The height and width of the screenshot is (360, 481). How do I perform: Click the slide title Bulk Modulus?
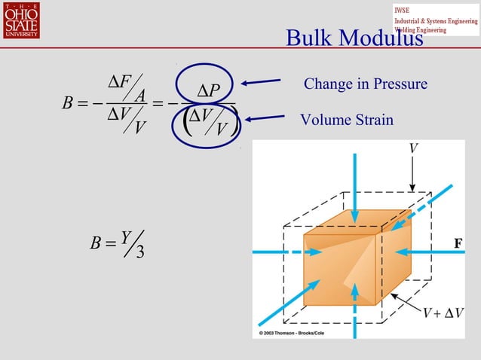pyautogui.click(x=354, y=38)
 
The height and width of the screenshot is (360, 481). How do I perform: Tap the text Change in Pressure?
pyautogui.click(x=365, y=84)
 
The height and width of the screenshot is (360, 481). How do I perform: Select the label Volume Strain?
pyautogui.click(x=346, y=120)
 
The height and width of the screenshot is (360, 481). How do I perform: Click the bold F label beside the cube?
pyautogui.click(x=457, y=243)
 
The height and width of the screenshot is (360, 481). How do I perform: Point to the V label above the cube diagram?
pyautogui.click(x=412, y=148)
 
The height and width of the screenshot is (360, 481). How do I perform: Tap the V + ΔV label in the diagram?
pyautogui.click(x=443, y=313)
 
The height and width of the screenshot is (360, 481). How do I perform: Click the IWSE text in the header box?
pyautogui.click(x=404, y=10)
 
